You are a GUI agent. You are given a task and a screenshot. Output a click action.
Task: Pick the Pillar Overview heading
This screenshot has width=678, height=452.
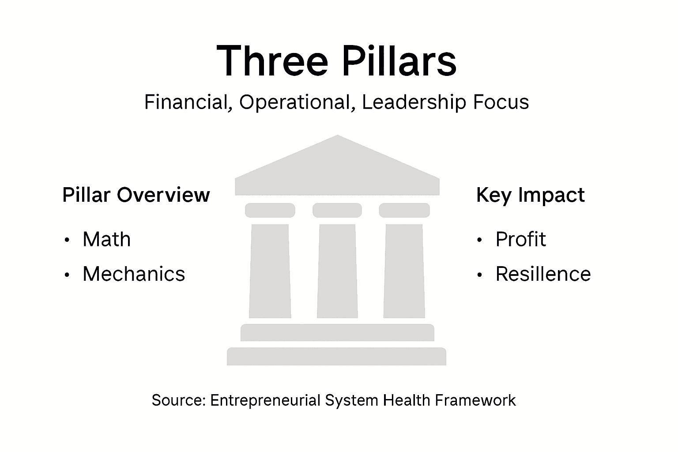[136, 195]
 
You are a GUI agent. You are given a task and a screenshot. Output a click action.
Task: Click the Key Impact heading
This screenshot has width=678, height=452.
[530, 195]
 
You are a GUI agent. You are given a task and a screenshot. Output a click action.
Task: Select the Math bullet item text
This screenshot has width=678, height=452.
[107, 240]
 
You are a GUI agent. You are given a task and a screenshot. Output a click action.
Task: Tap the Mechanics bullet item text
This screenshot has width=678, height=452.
[134, 274]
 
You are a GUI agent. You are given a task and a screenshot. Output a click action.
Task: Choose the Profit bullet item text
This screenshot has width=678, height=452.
[521, 240]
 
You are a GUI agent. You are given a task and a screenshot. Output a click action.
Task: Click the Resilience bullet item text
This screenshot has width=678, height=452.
[543, 274]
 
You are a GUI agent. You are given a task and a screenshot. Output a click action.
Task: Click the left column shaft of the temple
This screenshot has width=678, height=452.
[270, 271]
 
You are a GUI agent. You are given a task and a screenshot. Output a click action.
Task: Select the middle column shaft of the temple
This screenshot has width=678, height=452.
[337, 271]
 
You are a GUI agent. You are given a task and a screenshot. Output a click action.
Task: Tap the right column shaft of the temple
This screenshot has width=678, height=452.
[404, 271]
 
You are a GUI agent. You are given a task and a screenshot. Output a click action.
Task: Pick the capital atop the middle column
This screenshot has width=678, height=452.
[337, 210]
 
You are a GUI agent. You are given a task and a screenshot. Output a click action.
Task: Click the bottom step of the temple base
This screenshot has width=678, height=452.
[336, 356]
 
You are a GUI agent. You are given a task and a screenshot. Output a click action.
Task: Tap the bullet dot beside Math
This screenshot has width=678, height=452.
[67, 241]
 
